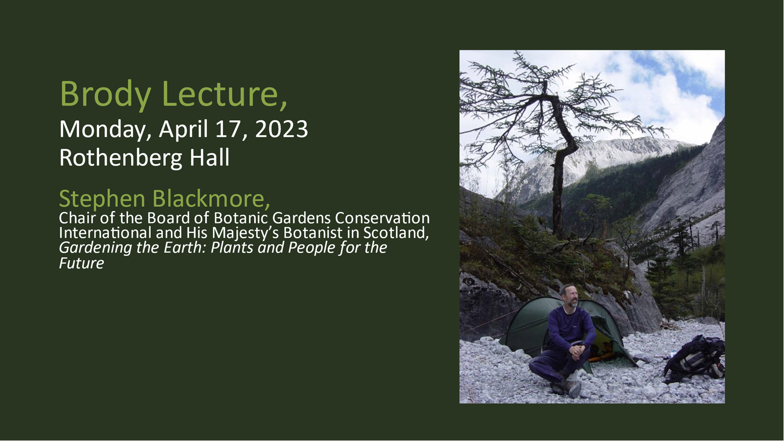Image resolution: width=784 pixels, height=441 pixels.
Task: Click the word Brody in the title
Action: tap(105, 94)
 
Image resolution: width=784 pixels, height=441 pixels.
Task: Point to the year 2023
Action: tap(281, 129)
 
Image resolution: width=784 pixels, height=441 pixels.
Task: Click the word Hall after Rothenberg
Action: tap(210, 157)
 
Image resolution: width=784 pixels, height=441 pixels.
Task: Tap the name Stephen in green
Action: tap(102, 199)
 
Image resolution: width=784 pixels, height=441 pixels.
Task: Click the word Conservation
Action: tap(382, 218)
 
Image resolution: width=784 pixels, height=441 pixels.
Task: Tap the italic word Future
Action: tap(81, 263)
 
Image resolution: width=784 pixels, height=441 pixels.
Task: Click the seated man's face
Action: tap(570, 297)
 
